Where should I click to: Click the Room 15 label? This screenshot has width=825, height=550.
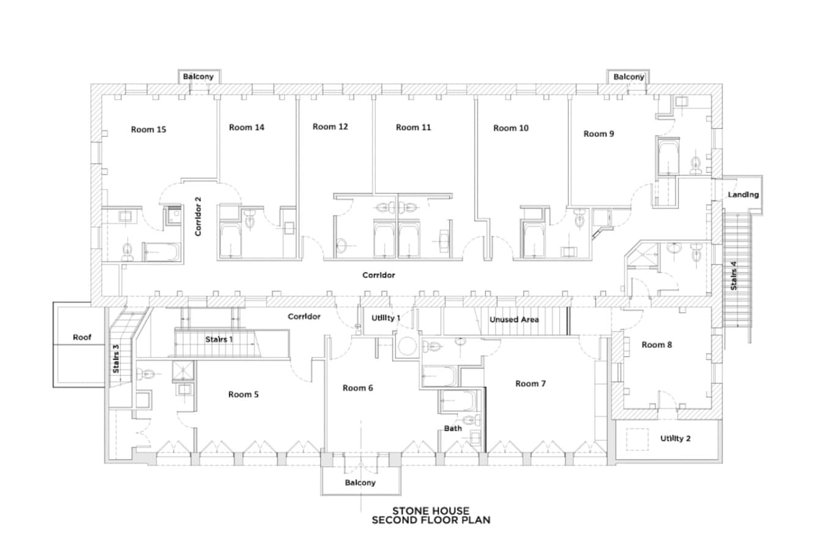(148, 130)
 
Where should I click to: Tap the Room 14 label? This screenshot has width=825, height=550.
(246, 128)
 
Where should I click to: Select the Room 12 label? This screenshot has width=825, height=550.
(330, 127)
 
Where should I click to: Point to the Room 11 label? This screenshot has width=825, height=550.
(413, 128)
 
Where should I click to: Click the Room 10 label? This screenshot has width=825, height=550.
(511, 128)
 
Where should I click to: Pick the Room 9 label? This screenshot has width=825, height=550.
(598, 134)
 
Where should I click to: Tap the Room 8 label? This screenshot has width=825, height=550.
(657, 345)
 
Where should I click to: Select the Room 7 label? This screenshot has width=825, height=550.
(530, 384)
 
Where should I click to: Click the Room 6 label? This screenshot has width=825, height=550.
(358, 388)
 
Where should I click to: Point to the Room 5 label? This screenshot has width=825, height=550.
(243, 395)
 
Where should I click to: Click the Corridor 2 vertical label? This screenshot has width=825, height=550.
(198, 216)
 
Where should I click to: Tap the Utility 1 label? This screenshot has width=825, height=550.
(386, 318)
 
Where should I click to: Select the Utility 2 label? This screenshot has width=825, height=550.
(675, 438)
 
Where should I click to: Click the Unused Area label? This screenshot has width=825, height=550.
(514, 320)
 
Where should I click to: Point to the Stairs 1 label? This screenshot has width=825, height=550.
(219, 339)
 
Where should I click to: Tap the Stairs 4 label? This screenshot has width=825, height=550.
(733, 276)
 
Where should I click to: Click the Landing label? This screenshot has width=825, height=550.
(743, 195)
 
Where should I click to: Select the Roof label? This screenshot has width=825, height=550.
(82, 337)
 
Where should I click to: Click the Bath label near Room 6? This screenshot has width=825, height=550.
(453, 428)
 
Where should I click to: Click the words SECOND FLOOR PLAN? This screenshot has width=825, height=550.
(431, 520)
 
